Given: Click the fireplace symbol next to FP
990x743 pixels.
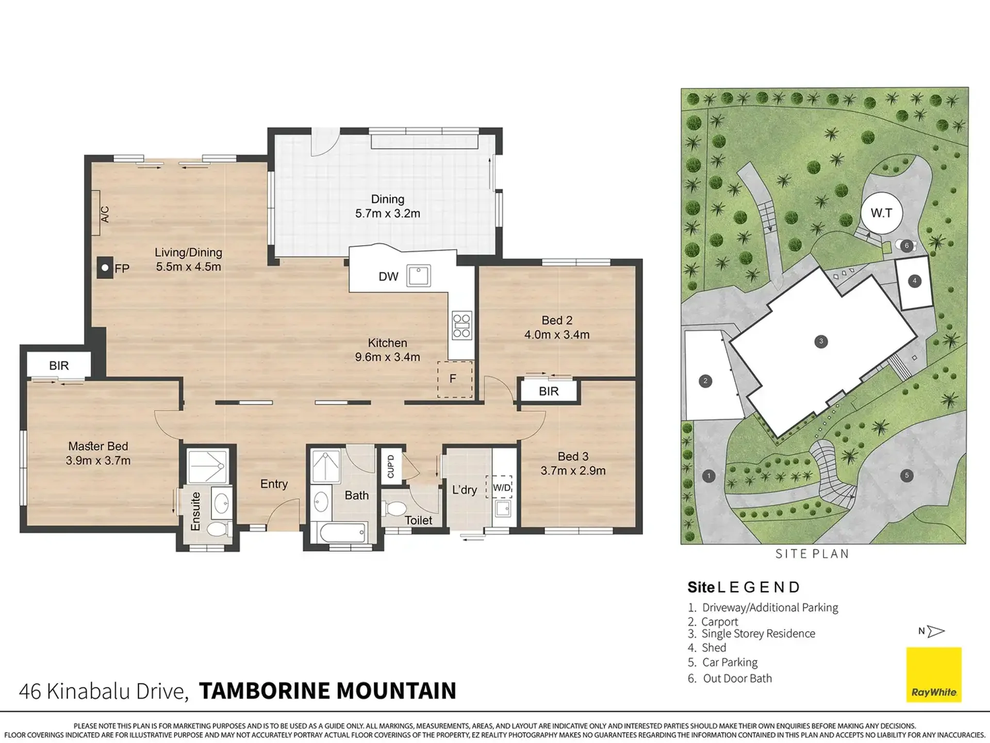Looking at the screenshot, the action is (105, 268).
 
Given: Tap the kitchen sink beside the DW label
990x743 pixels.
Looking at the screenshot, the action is (419, 276).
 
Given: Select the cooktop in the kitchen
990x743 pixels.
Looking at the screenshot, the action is (461, 325).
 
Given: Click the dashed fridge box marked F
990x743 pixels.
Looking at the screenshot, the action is (455, 379).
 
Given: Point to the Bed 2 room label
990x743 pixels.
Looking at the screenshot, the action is (557, 320).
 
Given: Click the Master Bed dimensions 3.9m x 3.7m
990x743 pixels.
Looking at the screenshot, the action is (98, 460).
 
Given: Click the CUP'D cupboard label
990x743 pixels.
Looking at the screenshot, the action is (390, 466).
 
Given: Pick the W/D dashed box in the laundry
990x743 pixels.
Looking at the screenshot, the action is (499, 487).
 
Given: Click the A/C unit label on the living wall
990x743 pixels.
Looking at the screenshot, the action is (105, 214).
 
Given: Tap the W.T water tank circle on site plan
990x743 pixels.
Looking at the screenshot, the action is (881, 213).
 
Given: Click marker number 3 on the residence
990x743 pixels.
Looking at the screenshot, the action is (821, 341).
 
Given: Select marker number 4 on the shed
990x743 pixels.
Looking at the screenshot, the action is (915, 281).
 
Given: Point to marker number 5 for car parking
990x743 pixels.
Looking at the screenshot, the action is (907, 475).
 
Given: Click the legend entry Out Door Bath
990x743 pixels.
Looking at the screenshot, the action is (730, 679).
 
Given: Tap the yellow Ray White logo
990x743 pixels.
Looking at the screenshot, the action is (934, 674).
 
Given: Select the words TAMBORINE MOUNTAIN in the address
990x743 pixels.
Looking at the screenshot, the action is (328, 691).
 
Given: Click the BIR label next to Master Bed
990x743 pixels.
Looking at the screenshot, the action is (59, 366).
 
